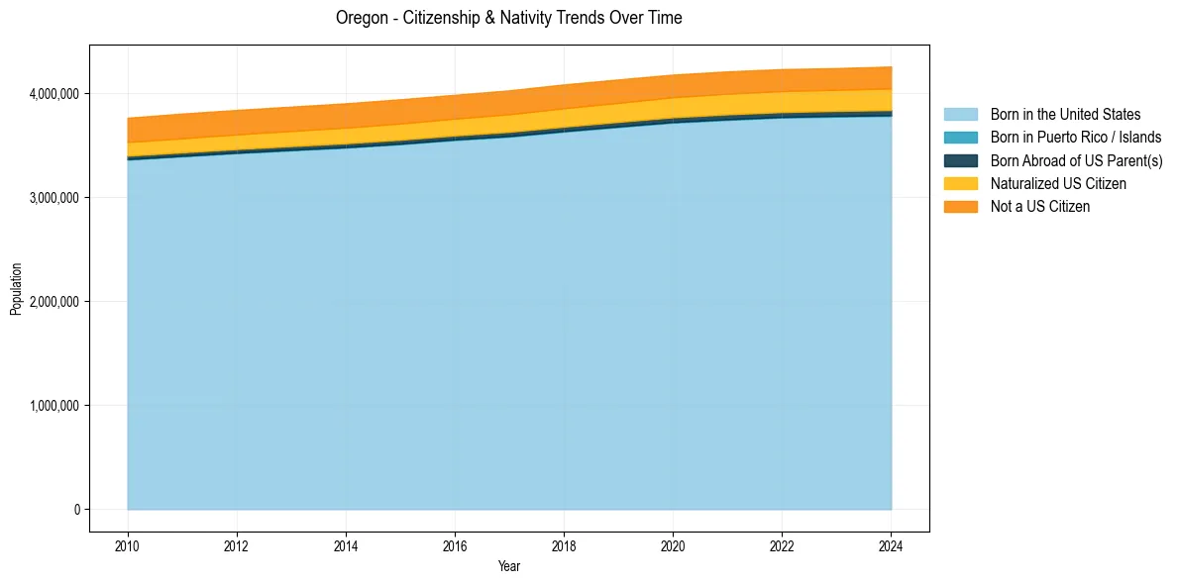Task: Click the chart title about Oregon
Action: pos(508,18)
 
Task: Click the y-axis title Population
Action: pos(16,289)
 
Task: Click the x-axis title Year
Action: pos(508,567)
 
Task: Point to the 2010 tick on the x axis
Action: pos(128,545)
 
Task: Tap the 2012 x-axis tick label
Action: pos(237,545)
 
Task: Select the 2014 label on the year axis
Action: pos(346,545)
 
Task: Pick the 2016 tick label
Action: pos(455,545)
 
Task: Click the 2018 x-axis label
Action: pos(564,545)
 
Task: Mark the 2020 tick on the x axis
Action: pos(673,545)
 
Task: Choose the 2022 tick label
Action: pos(782,545)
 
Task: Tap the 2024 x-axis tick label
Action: pos(891,545)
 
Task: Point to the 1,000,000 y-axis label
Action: pos(52,406)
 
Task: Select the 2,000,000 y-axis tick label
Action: pos(52,302)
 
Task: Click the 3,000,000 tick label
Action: pos(52,198)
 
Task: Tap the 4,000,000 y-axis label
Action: pos(52,94)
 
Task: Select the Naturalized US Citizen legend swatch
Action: pos(960,184)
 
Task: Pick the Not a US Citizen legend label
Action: pos(1040,207)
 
